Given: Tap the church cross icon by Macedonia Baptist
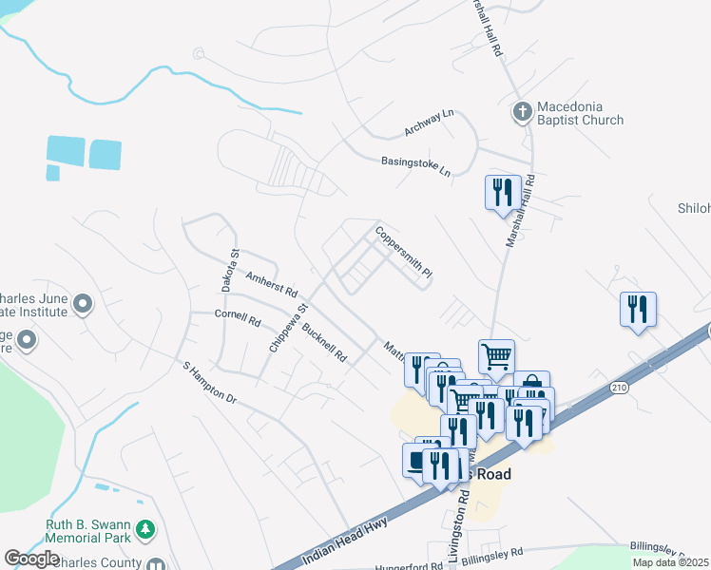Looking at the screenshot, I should point(521,113).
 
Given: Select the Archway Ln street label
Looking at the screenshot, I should point(430,122).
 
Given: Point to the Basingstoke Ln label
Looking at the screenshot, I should point(415,166).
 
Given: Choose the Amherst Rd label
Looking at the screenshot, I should point(272,281).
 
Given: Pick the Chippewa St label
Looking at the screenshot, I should point(289,329).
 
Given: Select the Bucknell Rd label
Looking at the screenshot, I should point(324,343).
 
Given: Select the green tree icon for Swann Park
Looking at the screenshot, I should point(145,528).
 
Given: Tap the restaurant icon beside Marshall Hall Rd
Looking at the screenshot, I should point(499,193).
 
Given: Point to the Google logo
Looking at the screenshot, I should point(32,558).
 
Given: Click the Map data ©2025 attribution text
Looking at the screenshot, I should point(670,562).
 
